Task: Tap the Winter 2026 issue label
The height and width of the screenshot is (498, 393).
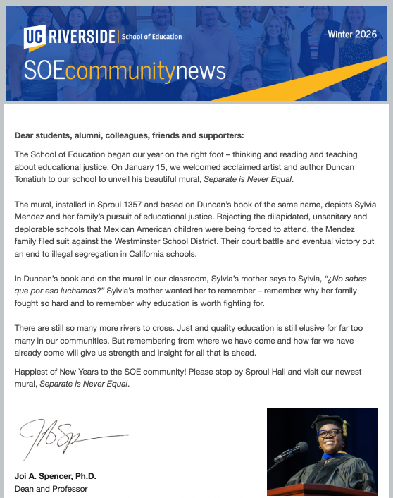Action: pos(352,34)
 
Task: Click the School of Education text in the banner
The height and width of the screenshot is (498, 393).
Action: pos(152,36)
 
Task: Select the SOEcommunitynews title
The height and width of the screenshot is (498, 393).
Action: pos(125,71)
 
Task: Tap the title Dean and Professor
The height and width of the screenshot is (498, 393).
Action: pos(51,487)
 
